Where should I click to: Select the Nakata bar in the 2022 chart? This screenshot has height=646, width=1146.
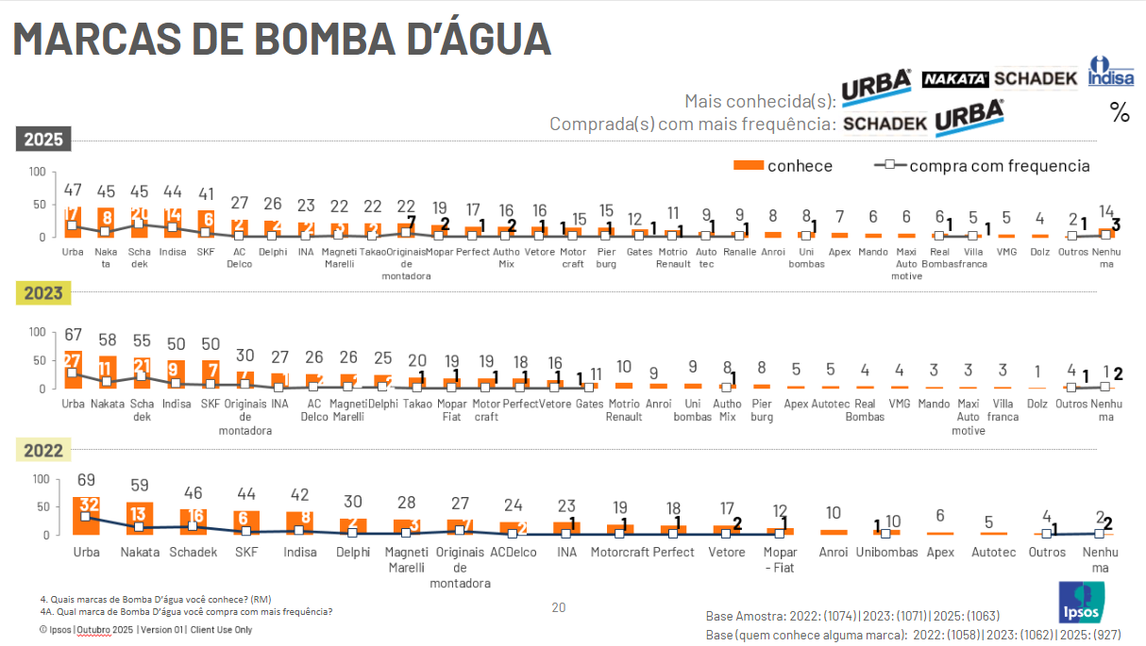[x=140, y=519]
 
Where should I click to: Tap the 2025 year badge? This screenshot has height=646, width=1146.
[x=43, y=140]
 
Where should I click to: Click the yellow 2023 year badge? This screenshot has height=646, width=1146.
[x=43, y=293]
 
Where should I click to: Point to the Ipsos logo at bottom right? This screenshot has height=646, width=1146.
[x=1081, y=603]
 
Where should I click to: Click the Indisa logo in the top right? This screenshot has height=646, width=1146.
[x=1110, y=73]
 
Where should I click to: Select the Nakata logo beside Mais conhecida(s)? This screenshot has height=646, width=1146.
[x=954, y=79]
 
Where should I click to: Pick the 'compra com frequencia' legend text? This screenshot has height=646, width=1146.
[x=999, y=166]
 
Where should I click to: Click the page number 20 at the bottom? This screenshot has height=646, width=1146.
[x=558, y=607]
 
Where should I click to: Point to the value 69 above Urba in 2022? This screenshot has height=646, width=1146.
[x=86, y=480]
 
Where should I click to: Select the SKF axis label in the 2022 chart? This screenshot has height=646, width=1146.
[x=246, y=552]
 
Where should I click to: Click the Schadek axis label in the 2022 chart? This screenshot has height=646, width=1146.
[x=193, y=552]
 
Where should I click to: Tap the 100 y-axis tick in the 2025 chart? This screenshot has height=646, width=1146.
[x=37, y=172]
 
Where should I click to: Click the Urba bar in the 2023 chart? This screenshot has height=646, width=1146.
[x=73, y=370]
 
